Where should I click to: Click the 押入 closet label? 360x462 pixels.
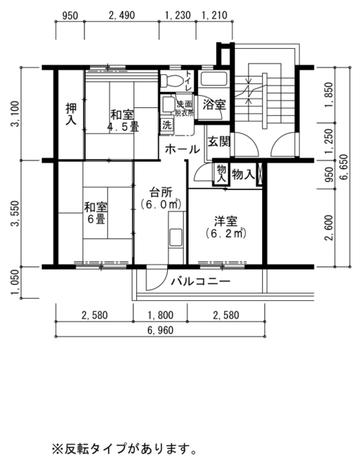[71, 114]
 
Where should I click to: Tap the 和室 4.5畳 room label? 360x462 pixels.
[122, 120]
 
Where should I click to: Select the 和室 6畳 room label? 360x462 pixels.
[96, 213]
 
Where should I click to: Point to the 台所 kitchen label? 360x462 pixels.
[161, 199]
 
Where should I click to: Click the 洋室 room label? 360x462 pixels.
[226, 227]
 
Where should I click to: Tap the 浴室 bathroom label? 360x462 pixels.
[214, 104]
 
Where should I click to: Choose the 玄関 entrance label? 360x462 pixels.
[219, 142]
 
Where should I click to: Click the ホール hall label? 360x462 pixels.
[182, 150]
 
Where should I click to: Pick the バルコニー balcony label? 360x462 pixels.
[200, 281]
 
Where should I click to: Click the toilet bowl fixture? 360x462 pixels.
[171, 80]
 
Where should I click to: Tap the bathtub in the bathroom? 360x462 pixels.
[214, 78]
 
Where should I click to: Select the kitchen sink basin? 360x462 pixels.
[175, 237]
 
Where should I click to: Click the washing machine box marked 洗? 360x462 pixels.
[166, 124]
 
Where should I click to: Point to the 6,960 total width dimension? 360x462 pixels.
[161, 330]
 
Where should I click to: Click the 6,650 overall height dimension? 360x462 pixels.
[343, 167]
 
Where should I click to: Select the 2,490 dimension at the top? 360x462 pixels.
[122, 15]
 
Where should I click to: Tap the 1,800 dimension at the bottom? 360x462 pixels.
[160, 316]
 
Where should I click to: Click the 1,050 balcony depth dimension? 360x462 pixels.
[14, 283]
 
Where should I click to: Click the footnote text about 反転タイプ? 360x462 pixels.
[124, 449]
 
